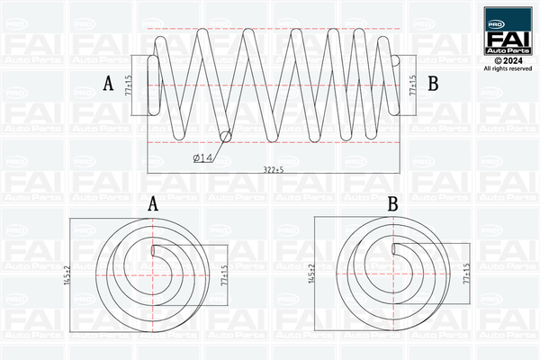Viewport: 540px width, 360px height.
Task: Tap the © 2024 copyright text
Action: pyautogui.click(x=507, y=59)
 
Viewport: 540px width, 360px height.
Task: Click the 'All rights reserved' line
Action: pyautogui.click(x=507, y=68)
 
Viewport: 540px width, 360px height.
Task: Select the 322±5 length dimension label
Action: pyautogui.click(x=272, y=169)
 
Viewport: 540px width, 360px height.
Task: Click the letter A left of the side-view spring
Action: pyautogui.click(x=108, y=85)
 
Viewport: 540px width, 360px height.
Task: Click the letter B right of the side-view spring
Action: pyautogui.click(x=432, y=85)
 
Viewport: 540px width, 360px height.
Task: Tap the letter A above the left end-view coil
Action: pyautogui.click(x=153, y=204)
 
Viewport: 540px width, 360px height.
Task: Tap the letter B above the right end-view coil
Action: pyautogui.click(x=392, y=204)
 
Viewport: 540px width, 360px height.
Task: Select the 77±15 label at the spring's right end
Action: pyautogui.click(x=412, y=85)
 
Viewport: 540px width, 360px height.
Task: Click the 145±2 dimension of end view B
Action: pyautogui.click(x=311, y=274)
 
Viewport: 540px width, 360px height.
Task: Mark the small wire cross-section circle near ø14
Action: pyautogui.click(x=224, y=136)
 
